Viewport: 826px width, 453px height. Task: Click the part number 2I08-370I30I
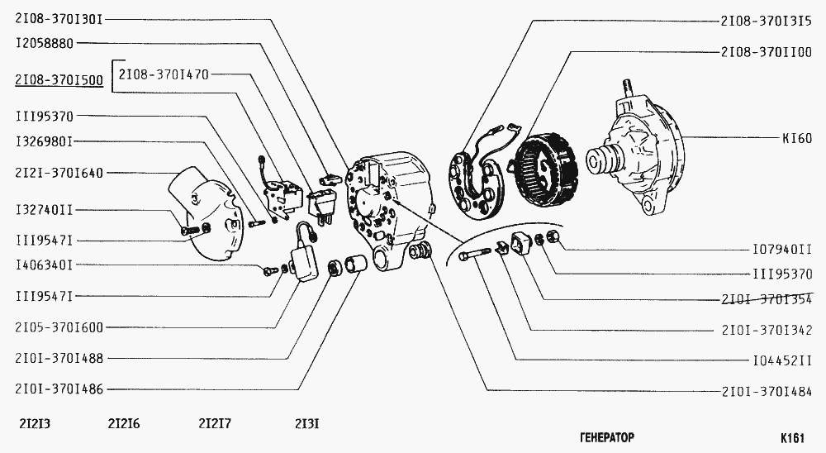[59, 20]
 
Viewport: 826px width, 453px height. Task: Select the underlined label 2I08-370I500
[59, 80]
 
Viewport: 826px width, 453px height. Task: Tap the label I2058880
[45, 43]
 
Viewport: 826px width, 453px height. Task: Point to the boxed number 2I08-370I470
[164, 74]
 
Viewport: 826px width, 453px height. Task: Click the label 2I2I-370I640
[59, 173]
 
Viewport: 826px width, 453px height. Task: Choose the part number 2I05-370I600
[59, 327]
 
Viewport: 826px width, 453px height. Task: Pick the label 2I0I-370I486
[59, 389]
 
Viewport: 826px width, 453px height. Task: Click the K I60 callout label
[797, 138]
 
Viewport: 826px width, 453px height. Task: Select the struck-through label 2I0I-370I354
[767, 299]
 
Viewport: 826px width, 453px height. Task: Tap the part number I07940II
[782, 250]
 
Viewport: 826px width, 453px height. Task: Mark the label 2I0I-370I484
[767, 391]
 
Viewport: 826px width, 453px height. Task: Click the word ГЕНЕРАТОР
[607, 437]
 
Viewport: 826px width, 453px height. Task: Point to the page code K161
[792, 437]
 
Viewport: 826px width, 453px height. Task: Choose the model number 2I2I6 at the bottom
[124, 423]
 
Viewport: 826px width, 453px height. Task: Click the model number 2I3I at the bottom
[307, 423]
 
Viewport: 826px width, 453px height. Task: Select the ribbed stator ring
[545, 171]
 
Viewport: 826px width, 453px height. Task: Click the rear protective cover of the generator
[206, 213]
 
